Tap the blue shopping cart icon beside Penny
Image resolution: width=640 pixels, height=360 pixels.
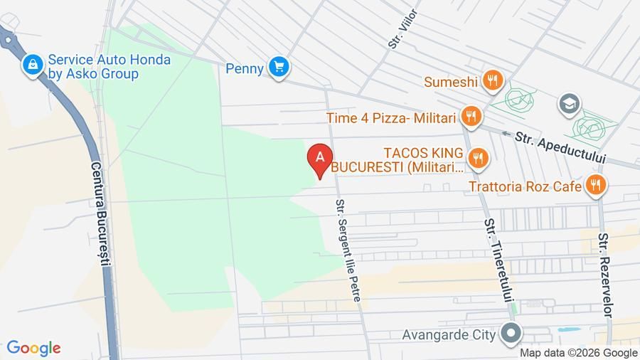pyautogui.click(x=278, y=68)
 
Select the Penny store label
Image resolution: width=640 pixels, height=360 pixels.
pyautogui.click(x=245, y=68)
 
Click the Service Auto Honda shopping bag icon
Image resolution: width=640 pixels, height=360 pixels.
pyautogui.click(x=32, y=65)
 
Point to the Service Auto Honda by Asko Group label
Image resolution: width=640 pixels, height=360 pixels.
pyautogui.click(x=109, y=67)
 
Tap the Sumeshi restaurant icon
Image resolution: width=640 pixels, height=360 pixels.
pyautogui.click(x=492, y=81)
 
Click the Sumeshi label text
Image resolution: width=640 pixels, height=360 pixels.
pyautogui.click(x=451, y=82)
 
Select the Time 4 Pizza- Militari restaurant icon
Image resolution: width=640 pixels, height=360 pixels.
pyautogui.click(x=469, y=116)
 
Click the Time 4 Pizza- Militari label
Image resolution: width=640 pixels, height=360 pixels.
pyautogui.click(x=392, y=117)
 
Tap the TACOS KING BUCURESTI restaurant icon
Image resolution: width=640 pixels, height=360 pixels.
pyautogui.click(x=479, y=158)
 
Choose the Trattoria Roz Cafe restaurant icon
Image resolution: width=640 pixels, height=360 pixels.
pyautogui.click(x=594, y=186)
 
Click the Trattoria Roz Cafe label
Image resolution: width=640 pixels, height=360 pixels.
pyautogui.click(x=525, y=187)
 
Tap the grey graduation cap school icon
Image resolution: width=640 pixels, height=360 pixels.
pyautogui.click(x=569, y=104)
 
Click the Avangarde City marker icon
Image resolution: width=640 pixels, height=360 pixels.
pyautogui.click(x=510, y=333)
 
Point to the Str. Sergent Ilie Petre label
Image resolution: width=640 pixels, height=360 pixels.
pyautogui.click(x=349, y=250)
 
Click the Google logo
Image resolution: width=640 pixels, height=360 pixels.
pyautogui.click(x=33, y=348)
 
